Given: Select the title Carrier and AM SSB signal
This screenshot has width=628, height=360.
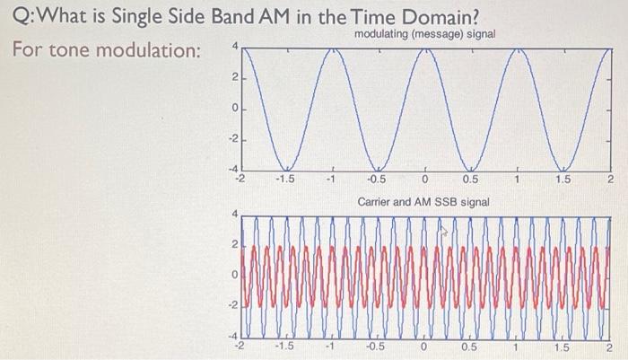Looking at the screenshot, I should [423, 202].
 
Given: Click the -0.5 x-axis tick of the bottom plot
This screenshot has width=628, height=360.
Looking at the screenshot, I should [377, 347].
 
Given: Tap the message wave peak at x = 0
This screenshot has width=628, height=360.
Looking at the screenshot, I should [425, 48].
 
